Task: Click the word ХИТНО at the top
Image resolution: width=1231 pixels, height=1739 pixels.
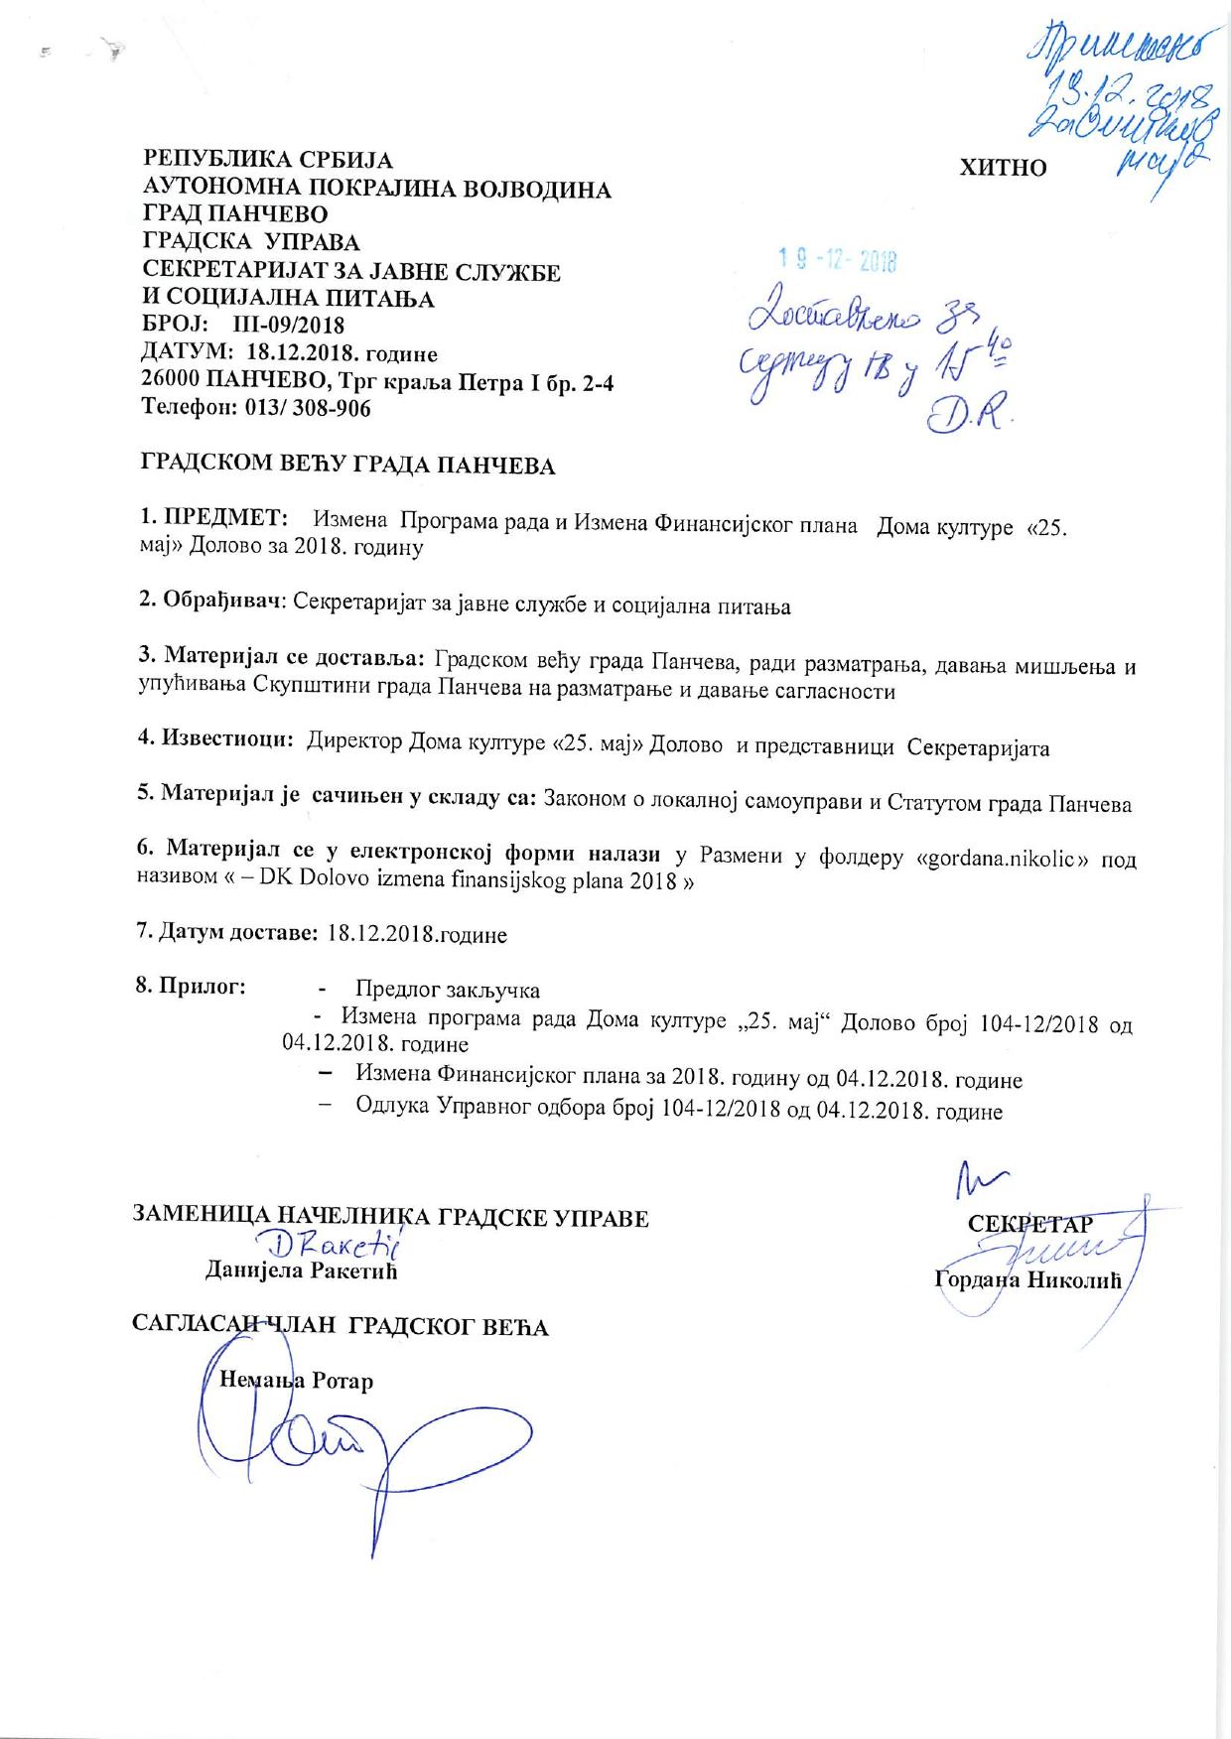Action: pos(1003,168)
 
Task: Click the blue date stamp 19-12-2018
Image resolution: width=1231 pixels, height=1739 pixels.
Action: pos(838,261)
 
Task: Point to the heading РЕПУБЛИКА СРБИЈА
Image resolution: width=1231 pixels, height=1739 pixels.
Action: pos(268,160)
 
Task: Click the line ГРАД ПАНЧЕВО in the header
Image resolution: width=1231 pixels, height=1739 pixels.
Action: pos(235,214)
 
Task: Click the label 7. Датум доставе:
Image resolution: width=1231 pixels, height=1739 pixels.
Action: pos(226,934)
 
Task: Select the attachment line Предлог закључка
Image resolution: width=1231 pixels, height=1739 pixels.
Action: pos(447,990)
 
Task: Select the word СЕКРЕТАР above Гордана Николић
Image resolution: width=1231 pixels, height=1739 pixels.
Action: pos(1030,1224)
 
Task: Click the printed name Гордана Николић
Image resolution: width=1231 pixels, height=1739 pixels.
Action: pos(1027,1280)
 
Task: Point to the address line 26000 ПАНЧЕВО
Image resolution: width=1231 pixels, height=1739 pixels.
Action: pos(377,381)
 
